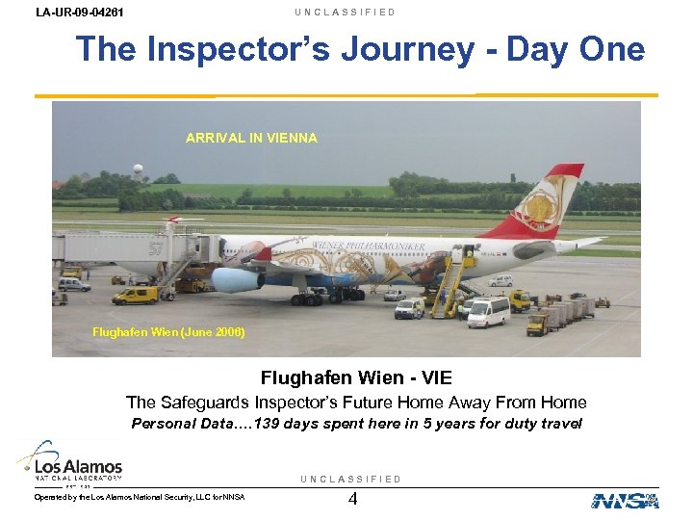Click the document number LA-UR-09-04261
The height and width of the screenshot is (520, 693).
[x=79, y=13]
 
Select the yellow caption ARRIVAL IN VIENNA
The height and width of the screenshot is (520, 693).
[x=251, y=138]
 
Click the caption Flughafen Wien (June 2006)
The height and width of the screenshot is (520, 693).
[x=168, y=332]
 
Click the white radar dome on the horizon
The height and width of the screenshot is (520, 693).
[x=139, y=170]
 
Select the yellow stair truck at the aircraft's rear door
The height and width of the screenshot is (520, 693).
[x=449, y=284]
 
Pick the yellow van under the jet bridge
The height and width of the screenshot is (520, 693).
[x=135, y=295]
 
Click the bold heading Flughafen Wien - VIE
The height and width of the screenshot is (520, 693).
[x=356, y=378]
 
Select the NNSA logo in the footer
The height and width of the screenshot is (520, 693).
[x=625, y=500]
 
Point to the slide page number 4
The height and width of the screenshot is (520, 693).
[x=352, y=500]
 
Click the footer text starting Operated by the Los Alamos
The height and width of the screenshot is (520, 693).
[x=140, y=497]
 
